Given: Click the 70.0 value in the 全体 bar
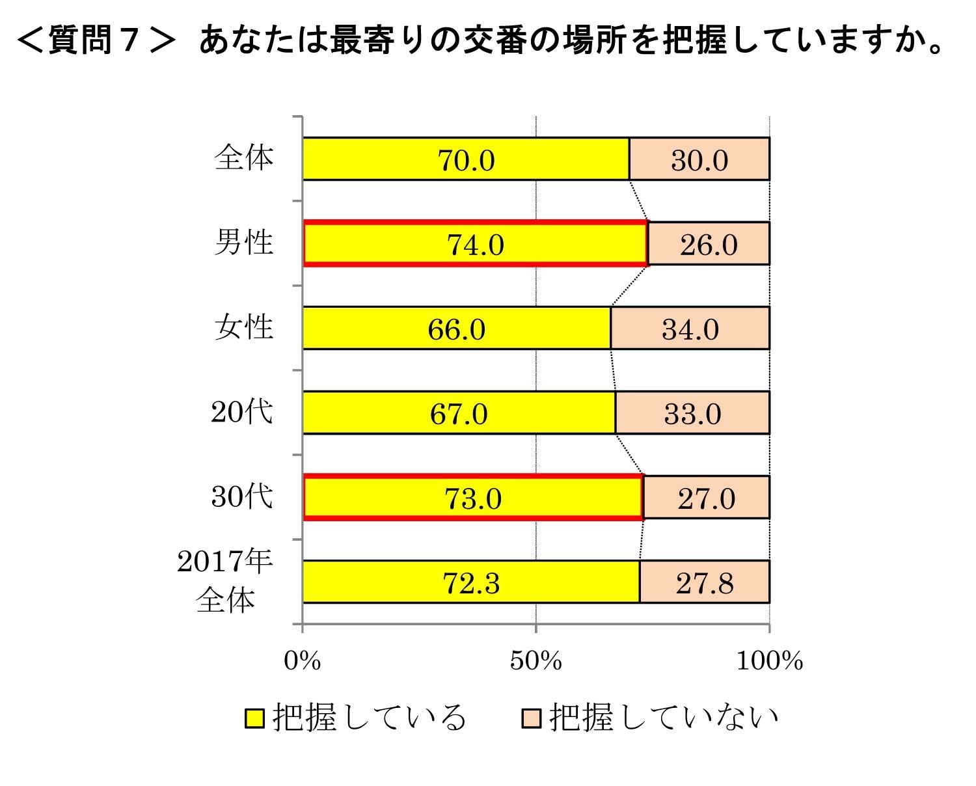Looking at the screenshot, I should tap(466, 160).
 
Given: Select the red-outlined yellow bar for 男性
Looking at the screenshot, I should tap(475, 243).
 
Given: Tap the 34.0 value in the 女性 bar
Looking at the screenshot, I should tap(690, 329).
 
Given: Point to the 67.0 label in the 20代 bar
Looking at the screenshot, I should tap(459, 413).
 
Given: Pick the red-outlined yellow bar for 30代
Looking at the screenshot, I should tap(473, 498).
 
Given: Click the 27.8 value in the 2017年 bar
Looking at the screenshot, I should tap(705, 582).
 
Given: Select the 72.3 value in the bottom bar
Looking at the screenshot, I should tap(472, 582).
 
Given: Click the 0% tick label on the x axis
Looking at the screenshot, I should tap(303, 660).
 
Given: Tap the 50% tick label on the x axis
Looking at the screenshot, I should tap(535, 660).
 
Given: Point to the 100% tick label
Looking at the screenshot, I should tap(769, 660).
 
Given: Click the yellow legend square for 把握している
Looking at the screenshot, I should tap(254, 718).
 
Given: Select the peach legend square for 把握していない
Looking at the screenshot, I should tap(531, 718).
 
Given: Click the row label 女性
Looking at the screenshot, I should tap(244, 327).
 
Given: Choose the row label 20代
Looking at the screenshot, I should tap(242, 411).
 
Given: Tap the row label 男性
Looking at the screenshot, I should tap(244, 242).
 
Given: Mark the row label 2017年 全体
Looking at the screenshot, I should tap(224, 580).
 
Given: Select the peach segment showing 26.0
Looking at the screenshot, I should tap(709, 243).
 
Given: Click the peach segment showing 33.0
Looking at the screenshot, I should tap(692, 413).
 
